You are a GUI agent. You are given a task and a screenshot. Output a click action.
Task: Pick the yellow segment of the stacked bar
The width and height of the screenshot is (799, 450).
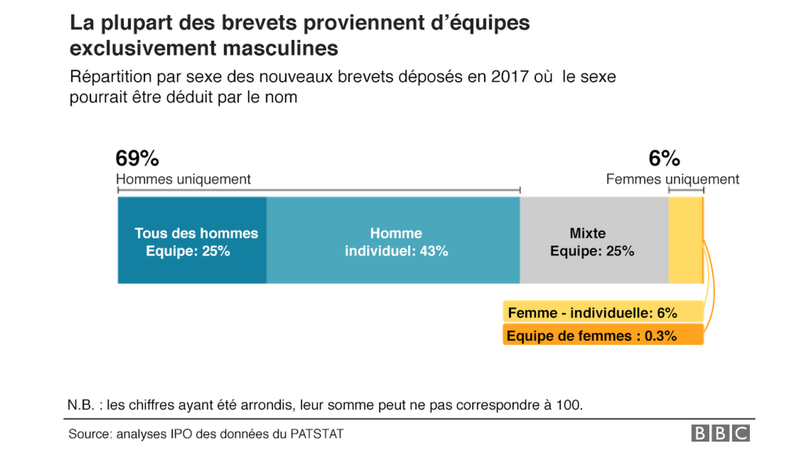click(685, 241)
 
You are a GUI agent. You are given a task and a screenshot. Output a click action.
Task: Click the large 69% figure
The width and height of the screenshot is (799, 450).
click(137, 159)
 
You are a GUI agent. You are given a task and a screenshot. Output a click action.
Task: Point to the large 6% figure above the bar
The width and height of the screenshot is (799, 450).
click(664, 159)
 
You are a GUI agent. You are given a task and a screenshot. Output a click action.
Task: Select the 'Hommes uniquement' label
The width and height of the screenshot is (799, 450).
click(183, 180)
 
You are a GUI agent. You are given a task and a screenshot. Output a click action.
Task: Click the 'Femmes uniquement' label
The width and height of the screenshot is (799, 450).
click(673, 180)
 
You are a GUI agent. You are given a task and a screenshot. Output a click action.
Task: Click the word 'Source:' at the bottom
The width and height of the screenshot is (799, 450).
click(91, 434)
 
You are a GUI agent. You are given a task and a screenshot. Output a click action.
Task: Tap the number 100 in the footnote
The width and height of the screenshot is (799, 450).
click(570, 405)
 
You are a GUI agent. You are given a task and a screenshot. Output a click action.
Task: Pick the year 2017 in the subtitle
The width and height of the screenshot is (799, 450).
click(510, 77)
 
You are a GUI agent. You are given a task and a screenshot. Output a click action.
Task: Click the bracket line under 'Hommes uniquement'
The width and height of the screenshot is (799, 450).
click(318, 190)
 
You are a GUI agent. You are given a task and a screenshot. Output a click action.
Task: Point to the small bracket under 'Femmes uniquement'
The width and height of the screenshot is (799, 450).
click(686, 190)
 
